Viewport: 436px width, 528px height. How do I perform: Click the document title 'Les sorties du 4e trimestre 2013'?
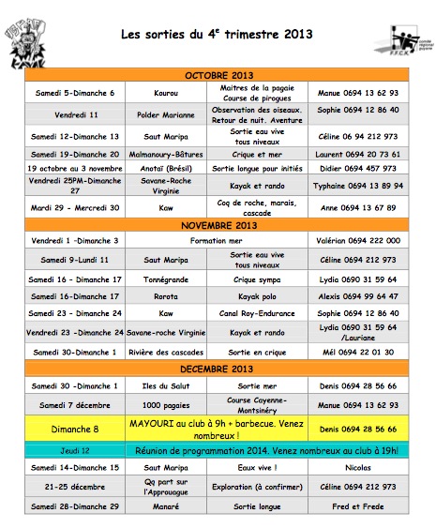click(217, 36)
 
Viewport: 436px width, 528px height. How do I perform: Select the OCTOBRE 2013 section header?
click(218, 74)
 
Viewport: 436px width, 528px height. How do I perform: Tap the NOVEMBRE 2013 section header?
click(218, 225)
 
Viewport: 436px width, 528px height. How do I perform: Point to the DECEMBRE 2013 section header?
click(218, 369)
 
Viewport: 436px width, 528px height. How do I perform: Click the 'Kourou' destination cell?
click(165, 93)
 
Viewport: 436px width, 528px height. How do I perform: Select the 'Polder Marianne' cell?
click(165, 113)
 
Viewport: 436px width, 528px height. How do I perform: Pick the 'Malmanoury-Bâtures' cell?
click(165, 153)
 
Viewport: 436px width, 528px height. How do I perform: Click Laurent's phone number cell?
click(358, 153)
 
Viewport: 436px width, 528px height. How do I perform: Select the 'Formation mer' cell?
click(218, 241)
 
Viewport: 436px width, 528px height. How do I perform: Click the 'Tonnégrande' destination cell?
click(165, 279)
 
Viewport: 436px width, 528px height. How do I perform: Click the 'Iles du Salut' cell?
click(165, 385)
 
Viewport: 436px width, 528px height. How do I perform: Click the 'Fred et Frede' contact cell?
click(358, 506)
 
